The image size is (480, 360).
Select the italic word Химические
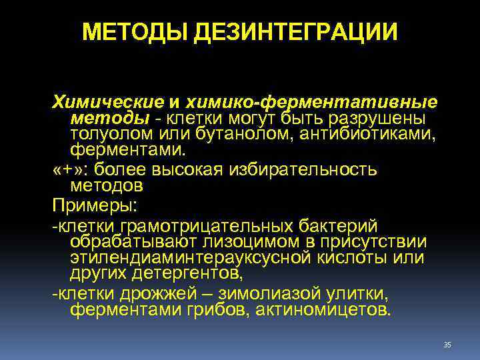click(107, 103)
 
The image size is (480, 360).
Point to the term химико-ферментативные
click(312, 103)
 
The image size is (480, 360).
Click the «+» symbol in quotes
click(64, 169)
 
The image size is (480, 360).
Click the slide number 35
click(447, 344)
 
